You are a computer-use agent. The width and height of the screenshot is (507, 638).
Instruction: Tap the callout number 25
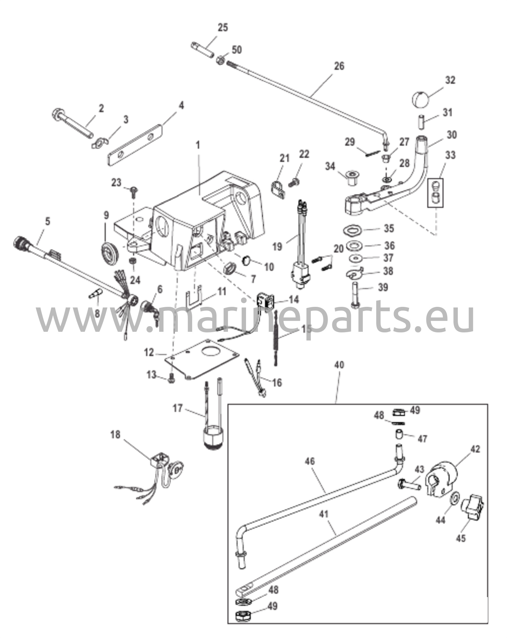tap(222, 27)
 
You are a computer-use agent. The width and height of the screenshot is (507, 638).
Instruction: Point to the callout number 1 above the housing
tap(198, 145)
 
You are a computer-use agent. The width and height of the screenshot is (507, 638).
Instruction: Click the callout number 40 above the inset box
tap(339, 365)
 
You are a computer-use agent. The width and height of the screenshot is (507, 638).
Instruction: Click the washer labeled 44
tap(454, 498)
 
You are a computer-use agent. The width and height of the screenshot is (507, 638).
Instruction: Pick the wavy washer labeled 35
tap(352, 231)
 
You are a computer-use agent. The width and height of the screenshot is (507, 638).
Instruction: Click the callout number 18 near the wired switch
tap(115, 435)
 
